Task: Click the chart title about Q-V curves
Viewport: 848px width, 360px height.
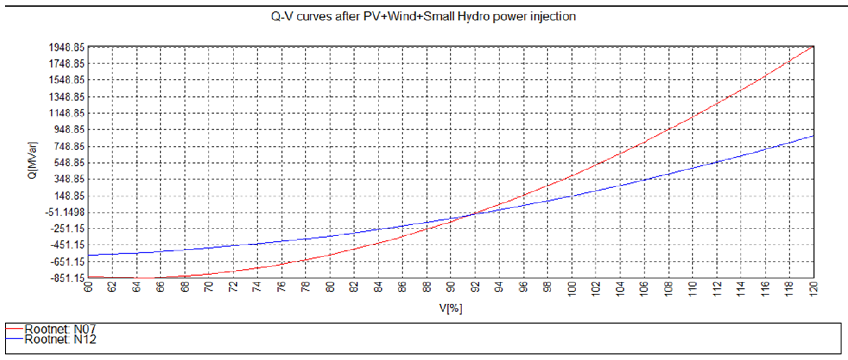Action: pos(423,16)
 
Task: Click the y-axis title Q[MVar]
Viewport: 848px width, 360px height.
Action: pos(32,160)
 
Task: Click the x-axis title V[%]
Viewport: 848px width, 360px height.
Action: pos(450,308)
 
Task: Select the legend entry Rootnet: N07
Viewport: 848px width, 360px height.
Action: pos(60,329)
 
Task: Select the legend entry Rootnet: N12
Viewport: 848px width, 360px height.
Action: pos(60,339)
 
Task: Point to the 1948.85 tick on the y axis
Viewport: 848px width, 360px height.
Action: pos(67,47)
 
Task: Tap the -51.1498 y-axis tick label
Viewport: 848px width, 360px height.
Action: pos(65,212)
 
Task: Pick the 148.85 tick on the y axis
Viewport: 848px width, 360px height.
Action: pos(69,196)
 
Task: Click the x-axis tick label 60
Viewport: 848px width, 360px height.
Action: pos(88,287)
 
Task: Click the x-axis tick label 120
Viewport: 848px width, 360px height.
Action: pos(813,289)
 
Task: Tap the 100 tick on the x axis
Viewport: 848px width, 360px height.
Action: pos(572,289)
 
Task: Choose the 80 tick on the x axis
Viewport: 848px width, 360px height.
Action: pos(330,287)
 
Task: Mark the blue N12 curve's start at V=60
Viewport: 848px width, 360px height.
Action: pos(89,255)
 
